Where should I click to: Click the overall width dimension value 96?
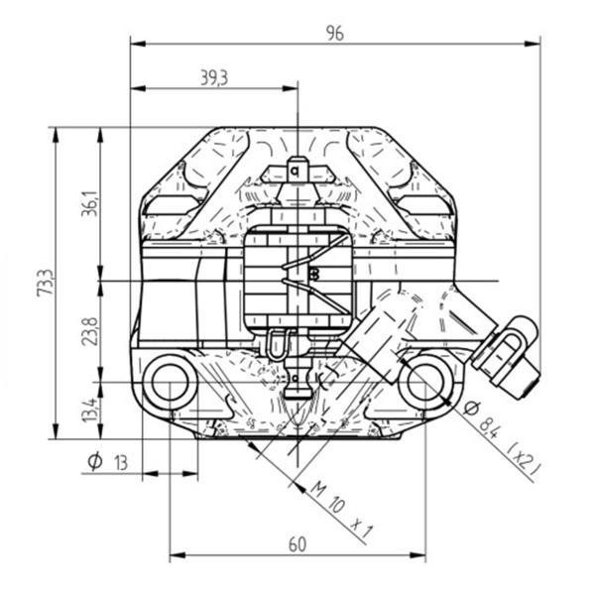335,34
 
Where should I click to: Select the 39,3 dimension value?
214,78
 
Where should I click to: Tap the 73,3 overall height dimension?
46,283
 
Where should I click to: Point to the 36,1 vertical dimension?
90,203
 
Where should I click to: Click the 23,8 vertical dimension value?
90,331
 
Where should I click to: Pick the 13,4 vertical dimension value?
90,410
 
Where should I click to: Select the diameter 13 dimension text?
108,462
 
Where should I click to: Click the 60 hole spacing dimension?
297,544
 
